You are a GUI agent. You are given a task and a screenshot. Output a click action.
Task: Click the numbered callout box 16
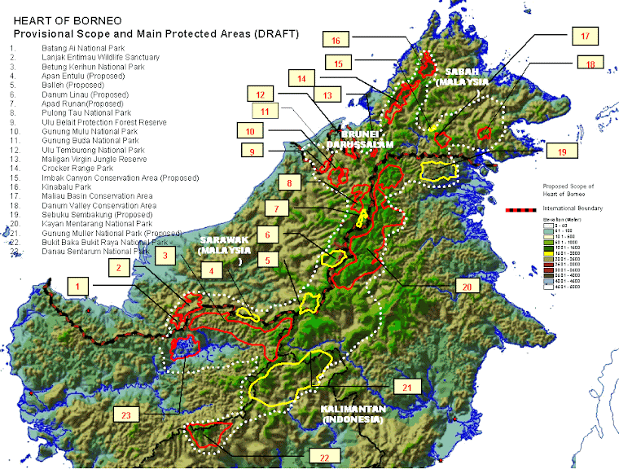tap(336, 40)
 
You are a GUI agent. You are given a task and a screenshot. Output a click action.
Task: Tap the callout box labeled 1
tap(78, 286)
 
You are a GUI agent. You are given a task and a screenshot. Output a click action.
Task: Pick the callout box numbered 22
tap(324, 457)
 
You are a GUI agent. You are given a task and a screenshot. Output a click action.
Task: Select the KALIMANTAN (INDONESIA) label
tap(351, 414)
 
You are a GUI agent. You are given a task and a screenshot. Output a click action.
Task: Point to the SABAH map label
tap(462, 75)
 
